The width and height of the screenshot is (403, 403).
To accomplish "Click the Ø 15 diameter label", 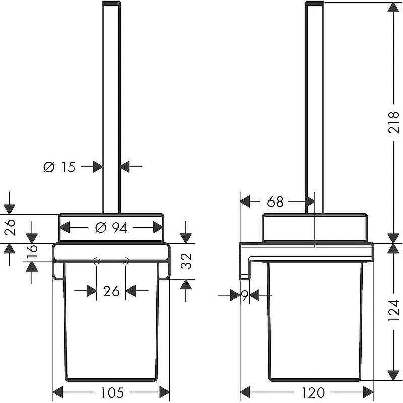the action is tap(59, 167).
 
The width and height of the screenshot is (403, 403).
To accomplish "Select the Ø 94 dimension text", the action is tap(111, 228).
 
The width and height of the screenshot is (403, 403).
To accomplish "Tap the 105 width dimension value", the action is tap(112, 392).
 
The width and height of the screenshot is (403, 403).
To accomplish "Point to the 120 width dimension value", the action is tap(313, 392).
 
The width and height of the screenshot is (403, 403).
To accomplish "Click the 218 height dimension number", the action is tap(393, 122).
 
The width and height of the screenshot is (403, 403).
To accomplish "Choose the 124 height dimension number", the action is tap(393, 310).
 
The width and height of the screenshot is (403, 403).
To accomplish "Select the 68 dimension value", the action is tap(275, 202).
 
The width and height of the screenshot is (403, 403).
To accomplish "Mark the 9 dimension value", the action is tap(245, 296).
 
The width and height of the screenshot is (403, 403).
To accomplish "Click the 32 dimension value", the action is tap(186, 261).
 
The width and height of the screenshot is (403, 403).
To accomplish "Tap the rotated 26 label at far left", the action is tap(10, 228).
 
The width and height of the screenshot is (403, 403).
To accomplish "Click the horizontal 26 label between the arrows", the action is tap(111, 291).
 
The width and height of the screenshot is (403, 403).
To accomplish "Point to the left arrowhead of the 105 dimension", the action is tap(57, 392).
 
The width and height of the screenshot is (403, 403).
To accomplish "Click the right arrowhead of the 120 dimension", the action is tap(369, 392).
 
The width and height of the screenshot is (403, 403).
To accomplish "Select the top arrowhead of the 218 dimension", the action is tap(393, 8).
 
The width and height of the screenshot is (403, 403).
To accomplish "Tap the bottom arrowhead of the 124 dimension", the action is tap(393, 375).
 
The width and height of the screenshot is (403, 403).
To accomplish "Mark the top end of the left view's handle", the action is tap(111, 3).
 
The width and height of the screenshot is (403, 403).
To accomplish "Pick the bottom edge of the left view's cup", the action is tap(111, 380).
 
